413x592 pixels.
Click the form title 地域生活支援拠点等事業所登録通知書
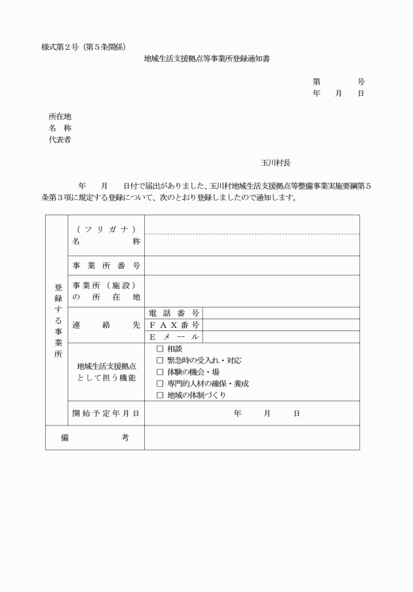coord(206,58)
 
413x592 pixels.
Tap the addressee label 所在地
coord(60,116)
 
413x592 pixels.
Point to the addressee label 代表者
coord(60,140)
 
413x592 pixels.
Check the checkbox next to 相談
coord(160,348)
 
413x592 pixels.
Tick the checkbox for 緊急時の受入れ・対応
coord(160,360)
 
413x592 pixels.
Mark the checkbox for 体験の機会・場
coord(160,372)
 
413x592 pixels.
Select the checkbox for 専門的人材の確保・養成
coord(160,384)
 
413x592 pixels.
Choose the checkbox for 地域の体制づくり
coord(160,395)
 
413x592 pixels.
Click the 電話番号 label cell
coord(174,313)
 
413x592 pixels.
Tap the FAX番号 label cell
coord(174,325)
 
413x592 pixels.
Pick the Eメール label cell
coord(174,337)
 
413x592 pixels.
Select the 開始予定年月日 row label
coord(106,413)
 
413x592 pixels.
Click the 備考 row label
coord(95,437)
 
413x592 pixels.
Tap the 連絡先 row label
coord(106,325)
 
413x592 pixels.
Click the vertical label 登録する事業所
coord(58,321)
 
